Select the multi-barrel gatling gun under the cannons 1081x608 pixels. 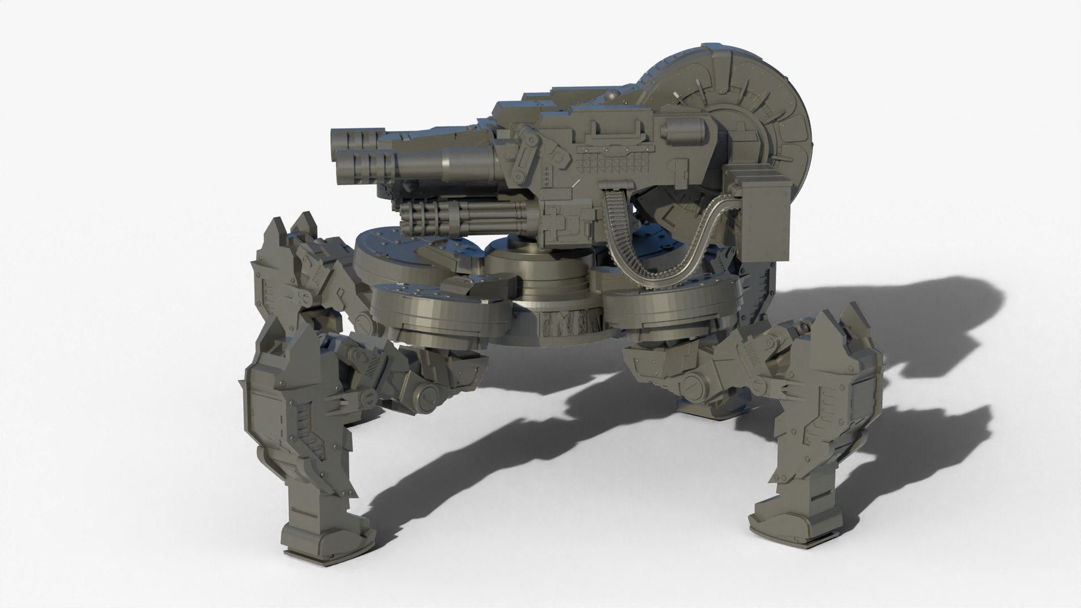tap(462, 221)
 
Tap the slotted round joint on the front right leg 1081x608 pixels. tap(690, 388)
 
